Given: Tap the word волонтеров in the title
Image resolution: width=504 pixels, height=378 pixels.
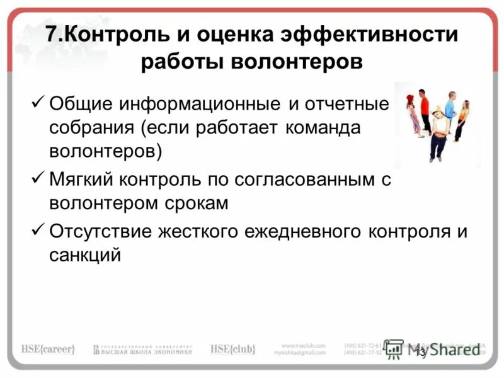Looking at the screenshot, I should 298,63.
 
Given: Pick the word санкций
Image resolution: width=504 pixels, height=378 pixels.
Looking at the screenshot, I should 85,255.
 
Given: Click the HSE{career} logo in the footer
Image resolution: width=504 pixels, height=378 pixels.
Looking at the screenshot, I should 48,348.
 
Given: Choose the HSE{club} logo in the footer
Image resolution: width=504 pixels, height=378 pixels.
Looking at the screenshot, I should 232,348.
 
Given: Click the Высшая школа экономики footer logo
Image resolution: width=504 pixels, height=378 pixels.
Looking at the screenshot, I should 142,349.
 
